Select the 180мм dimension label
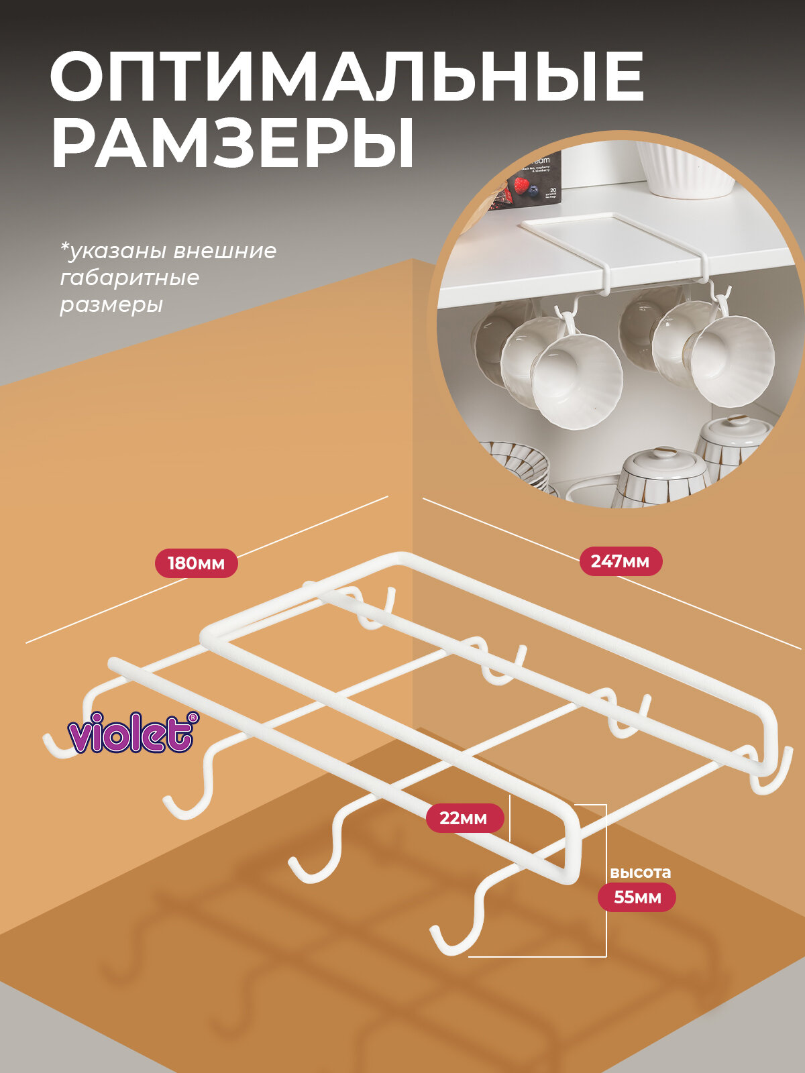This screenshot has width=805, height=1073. [x=196, y=563]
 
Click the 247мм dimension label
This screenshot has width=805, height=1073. [x=621, y=561]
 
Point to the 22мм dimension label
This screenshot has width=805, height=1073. [x=464, y=818]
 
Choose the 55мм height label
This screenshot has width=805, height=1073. [x=637, y=897]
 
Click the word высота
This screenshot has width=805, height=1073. [x=640, y=872]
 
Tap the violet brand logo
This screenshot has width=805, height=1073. [x=131, y=732]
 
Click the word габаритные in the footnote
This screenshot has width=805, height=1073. [x=129, y=278]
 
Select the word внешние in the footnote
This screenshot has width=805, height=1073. [x=225, y=251]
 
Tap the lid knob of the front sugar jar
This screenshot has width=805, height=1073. [x=665, y=453]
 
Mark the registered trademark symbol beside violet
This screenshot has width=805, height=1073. [x=193, y=718]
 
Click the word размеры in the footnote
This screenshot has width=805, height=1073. [x=111, y=305]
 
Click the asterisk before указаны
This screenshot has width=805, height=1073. [x=65, y=249]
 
